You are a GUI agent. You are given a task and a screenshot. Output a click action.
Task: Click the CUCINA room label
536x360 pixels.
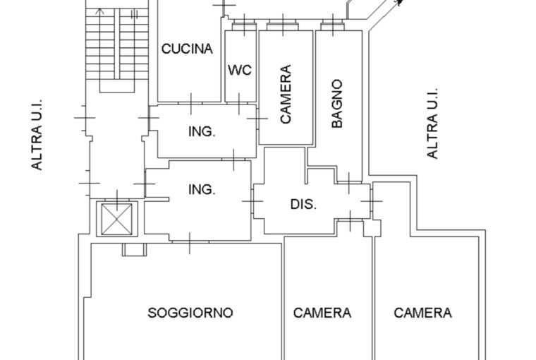[187, 49]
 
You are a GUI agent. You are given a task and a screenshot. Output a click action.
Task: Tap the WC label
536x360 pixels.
[240, 70]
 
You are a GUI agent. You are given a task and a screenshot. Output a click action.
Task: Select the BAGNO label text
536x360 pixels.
[337, 103]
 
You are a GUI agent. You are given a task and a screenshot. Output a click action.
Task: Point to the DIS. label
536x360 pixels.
[303, 205]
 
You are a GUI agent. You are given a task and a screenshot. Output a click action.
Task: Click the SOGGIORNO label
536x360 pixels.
[190, 313]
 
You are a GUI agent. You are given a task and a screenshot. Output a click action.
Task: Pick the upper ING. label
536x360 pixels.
[202, 131]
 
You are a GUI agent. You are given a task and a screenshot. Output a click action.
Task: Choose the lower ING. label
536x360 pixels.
[202, 189]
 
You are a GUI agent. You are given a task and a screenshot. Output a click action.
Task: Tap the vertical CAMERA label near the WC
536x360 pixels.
[286, 95]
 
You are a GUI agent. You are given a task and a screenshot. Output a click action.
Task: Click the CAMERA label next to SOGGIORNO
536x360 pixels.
[322, 313]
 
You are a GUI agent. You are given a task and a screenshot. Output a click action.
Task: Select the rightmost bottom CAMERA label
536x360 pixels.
[423, 313]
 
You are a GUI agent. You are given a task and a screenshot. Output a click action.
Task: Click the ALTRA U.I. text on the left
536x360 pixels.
[37, 133]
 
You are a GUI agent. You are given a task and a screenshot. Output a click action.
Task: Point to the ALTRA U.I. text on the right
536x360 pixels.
[433, 123]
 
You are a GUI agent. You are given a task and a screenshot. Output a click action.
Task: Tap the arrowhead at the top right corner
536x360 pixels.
[399, 4]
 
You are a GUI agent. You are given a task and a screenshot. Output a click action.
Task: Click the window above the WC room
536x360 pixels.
[243, 27]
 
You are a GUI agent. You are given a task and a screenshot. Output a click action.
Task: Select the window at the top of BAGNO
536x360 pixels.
[330, 27]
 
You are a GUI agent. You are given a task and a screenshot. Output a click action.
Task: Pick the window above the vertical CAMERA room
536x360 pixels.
[284, 27]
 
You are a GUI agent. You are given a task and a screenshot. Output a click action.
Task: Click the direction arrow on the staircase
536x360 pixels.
[99, 14]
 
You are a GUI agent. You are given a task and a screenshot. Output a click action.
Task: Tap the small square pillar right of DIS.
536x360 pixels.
[374, 227]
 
